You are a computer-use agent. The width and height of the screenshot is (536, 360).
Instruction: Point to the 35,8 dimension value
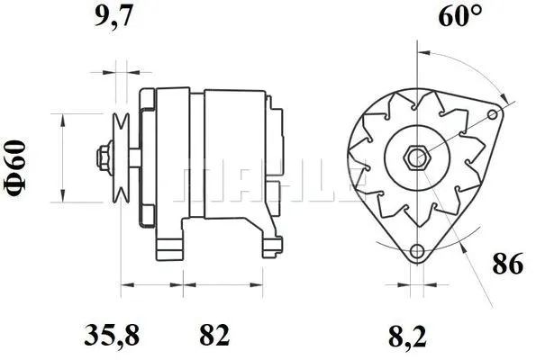[113, 336]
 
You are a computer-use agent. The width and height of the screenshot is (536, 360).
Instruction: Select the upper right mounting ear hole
[492, 114]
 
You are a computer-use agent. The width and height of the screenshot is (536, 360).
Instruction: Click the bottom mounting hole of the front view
[416, 252]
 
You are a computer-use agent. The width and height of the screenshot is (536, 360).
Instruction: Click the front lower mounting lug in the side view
[171, 245]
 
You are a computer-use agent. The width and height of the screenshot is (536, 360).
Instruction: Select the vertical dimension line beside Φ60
[60, 157]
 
